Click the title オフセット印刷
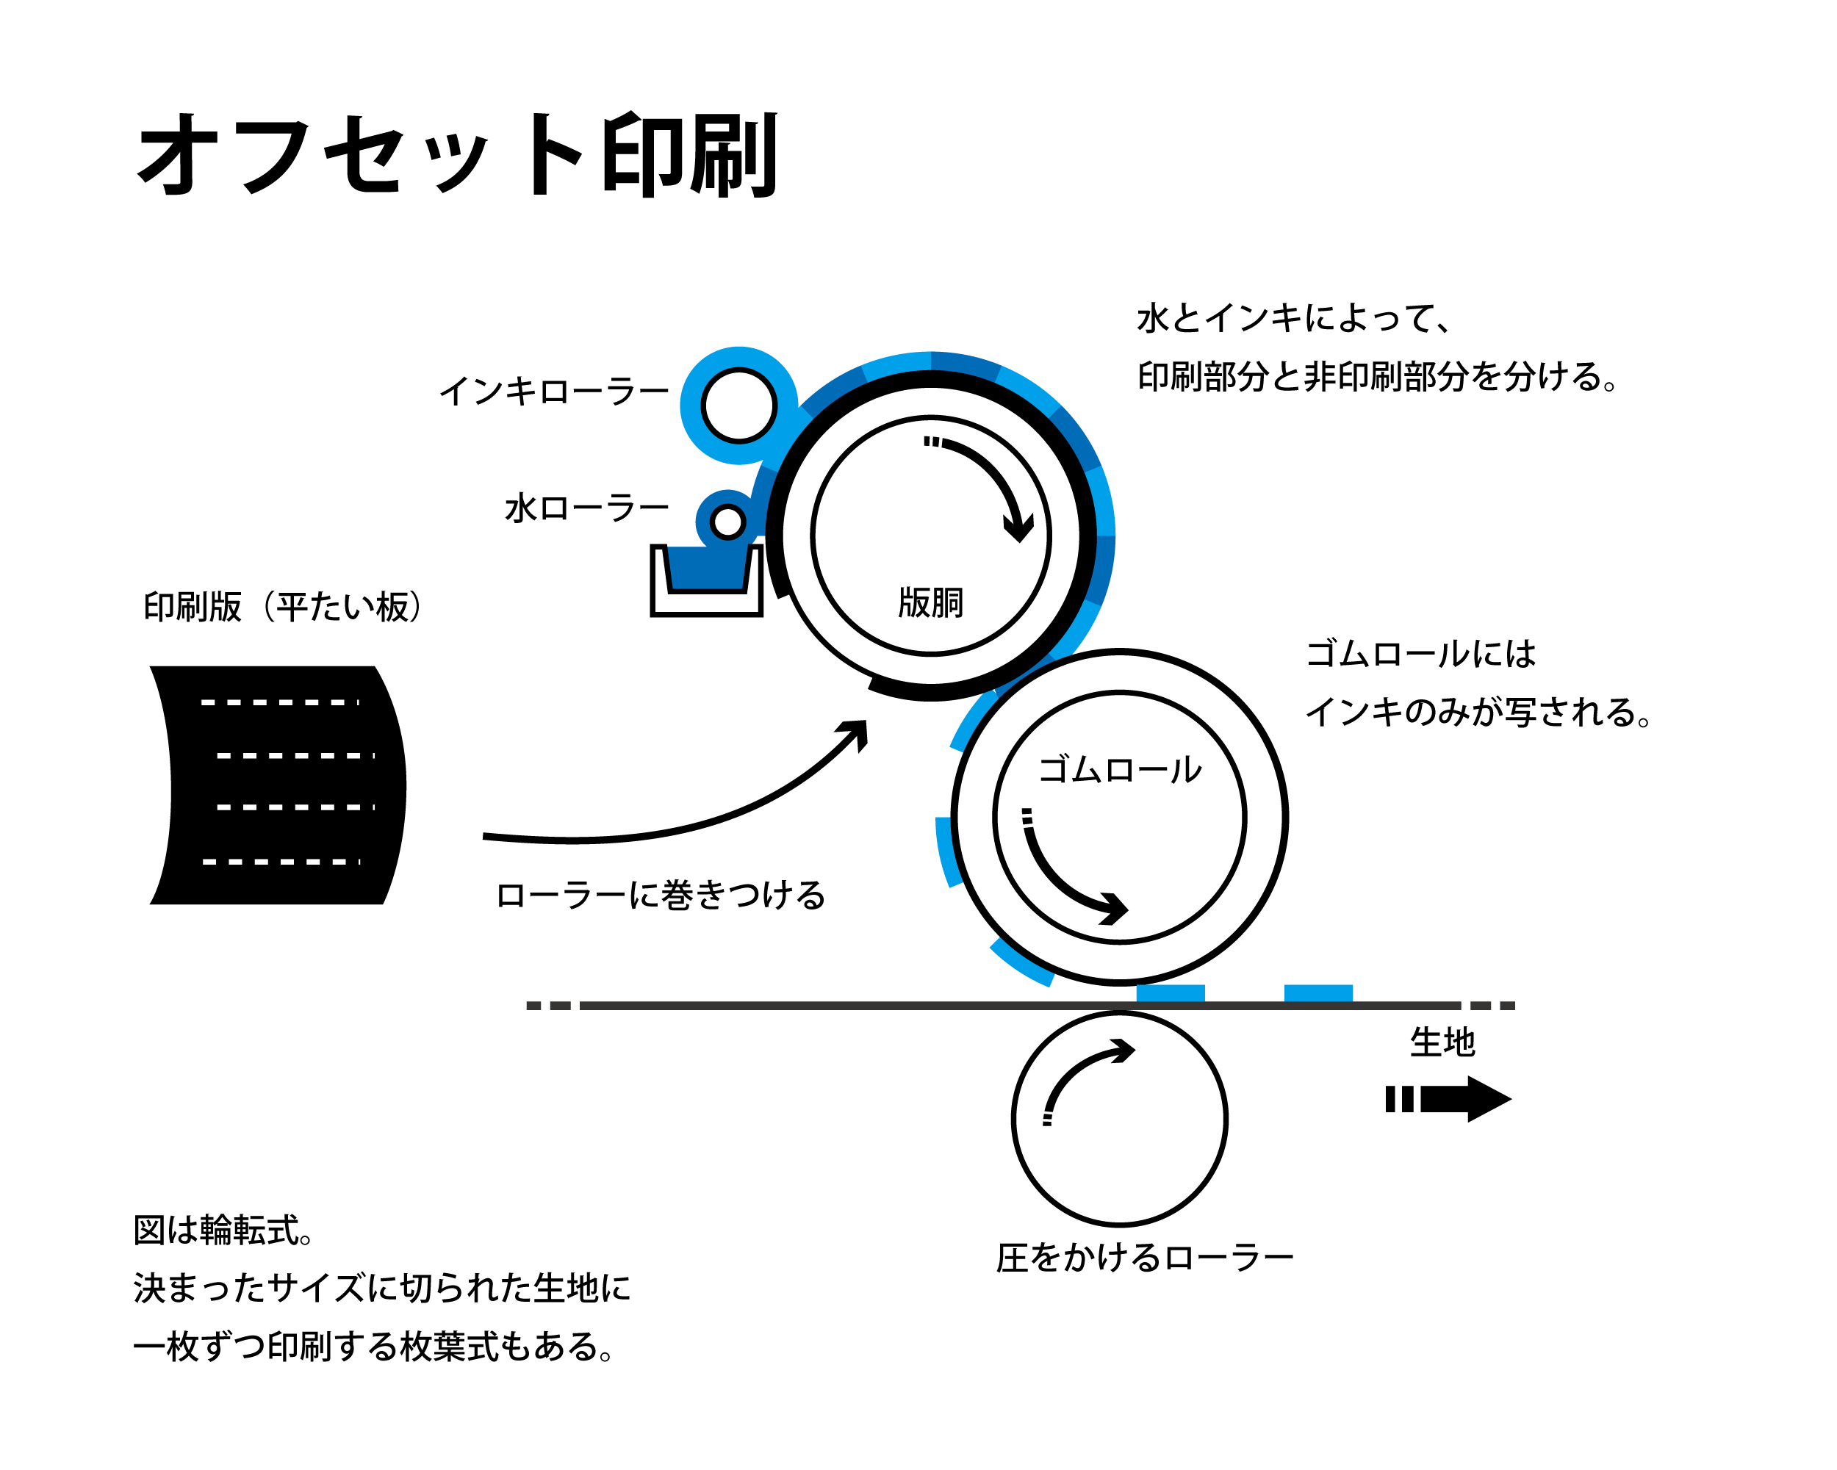pyautogui.click(x=458, y=155)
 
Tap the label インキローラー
pyautogui.click(x=554, y=392)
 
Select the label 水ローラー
pyautogui.click(x=586, y=508)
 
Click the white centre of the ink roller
pyautogui.click(x=738, y=406)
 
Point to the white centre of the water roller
pyautogui.click(x=727, y=522)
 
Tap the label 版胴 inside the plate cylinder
pyautogui.click(x=930, y=603)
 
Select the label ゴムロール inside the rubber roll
pyautogui.click(x=1120, y=770)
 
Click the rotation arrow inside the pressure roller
pyautogui.click(x=1082, y=1073)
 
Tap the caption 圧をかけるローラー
pyautogui.click(x=1144, y=1258)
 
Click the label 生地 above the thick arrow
pyautogui.click(x=1442, y=1042)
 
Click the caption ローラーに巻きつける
pyautogui.click(x=661, y=895)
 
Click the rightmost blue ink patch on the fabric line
pyautogui.click(x=1317, y=993)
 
